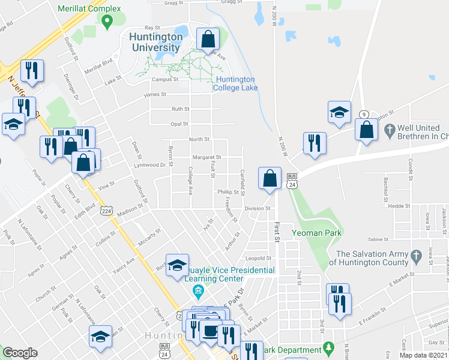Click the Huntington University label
point(155,42)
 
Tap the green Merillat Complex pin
point(107,23)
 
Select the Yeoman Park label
point(316,233)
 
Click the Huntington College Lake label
point(236,83)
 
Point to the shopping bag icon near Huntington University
point(208,40)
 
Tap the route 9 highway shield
point(364,114)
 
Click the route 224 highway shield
point(106,211)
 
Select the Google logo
point(20,353)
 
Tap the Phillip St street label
point(229,192)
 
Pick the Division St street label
point(259,208)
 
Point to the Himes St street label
point(154,95)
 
